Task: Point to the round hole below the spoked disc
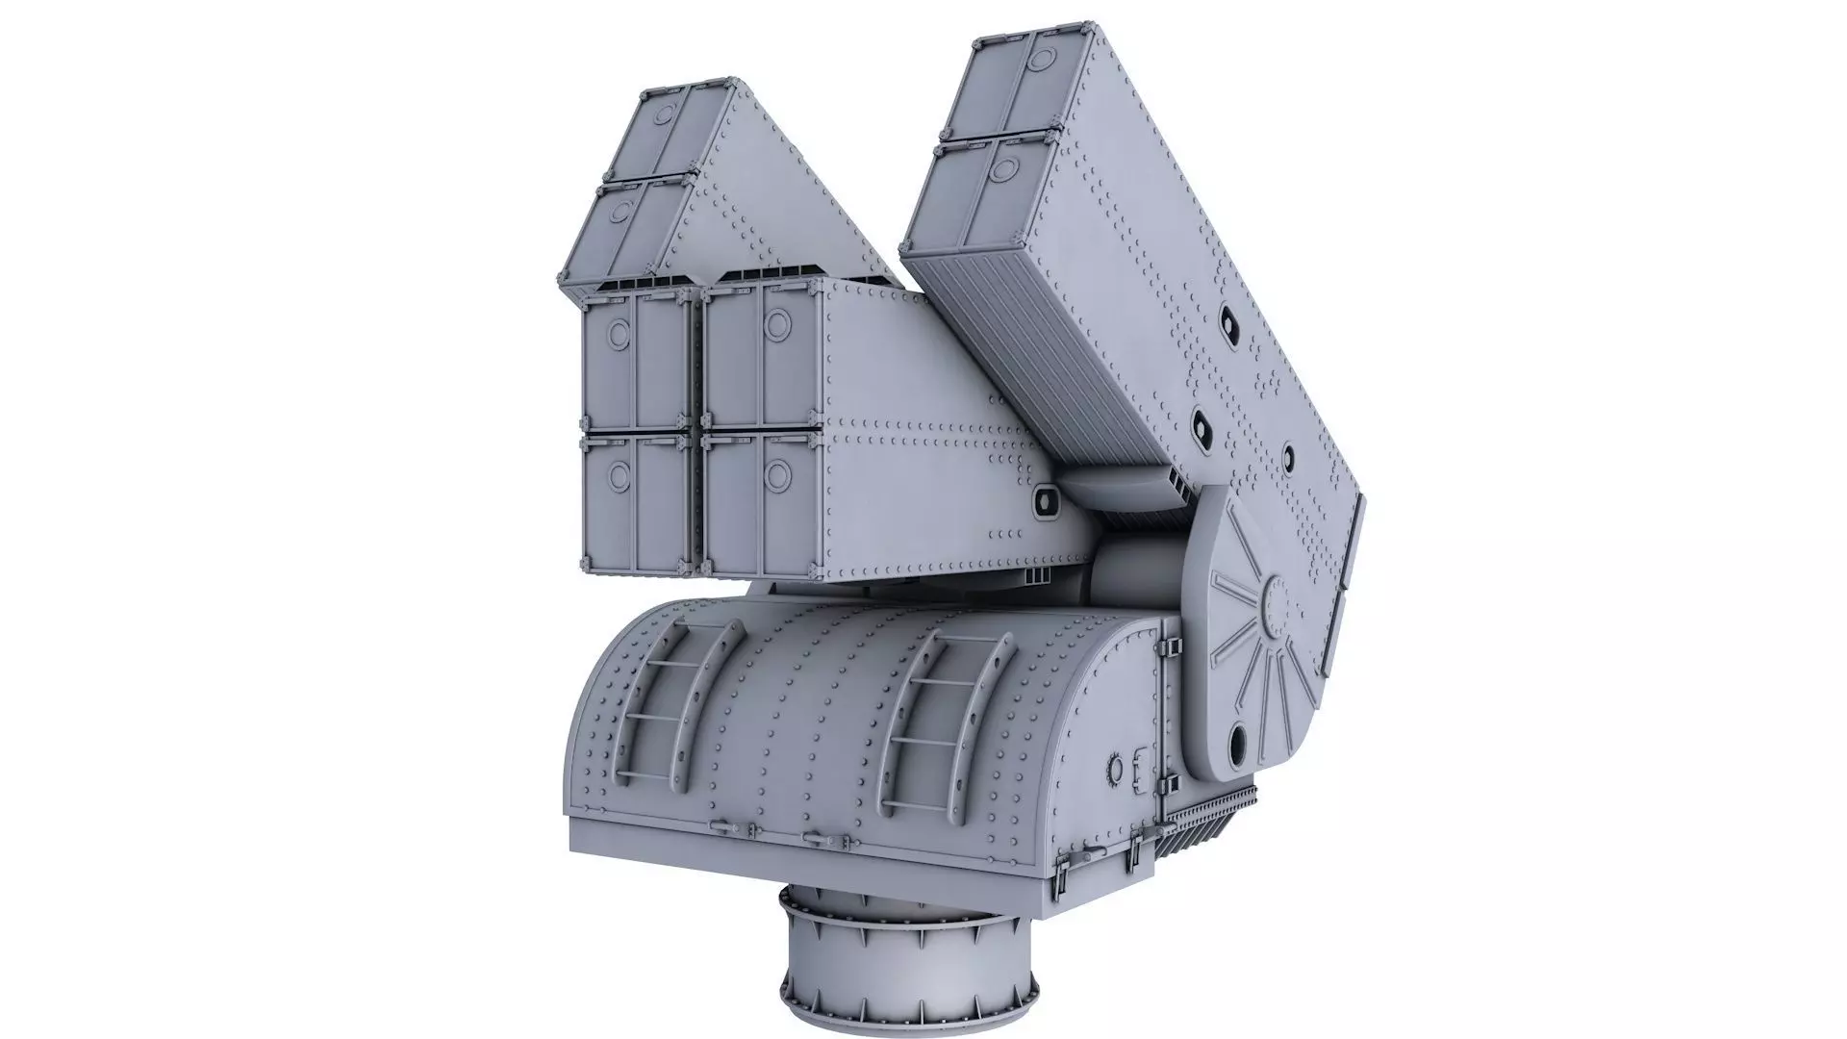pos(1238,742)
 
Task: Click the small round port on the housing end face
pos(1116,768)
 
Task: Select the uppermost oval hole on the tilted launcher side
pos(1228,322)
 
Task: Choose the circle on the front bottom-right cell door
pos(777,472)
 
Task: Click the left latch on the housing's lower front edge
pos(720,824)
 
